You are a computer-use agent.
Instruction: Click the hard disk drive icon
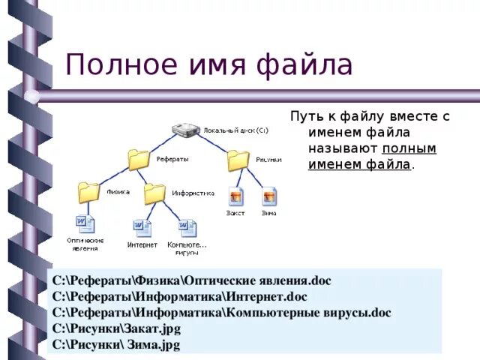184,130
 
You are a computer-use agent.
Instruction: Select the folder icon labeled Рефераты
139,160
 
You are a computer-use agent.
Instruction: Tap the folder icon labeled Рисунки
238,160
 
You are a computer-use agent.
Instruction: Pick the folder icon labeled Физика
88,192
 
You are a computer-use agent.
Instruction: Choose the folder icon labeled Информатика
154,193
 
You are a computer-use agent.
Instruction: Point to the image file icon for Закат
236,196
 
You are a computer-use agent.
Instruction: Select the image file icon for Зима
269,196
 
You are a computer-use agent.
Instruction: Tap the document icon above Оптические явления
85,223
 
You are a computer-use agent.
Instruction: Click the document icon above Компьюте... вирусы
187,227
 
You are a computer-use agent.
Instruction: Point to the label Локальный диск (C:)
235,130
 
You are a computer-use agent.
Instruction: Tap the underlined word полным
409,148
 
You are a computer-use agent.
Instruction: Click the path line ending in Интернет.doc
180,297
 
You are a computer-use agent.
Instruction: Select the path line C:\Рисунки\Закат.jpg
116,329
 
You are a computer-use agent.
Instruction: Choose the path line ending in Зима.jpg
116,345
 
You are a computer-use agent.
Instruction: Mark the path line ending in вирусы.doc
222,313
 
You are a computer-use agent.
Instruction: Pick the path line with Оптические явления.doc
191,281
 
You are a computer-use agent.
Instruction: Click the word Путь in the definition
306,116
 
